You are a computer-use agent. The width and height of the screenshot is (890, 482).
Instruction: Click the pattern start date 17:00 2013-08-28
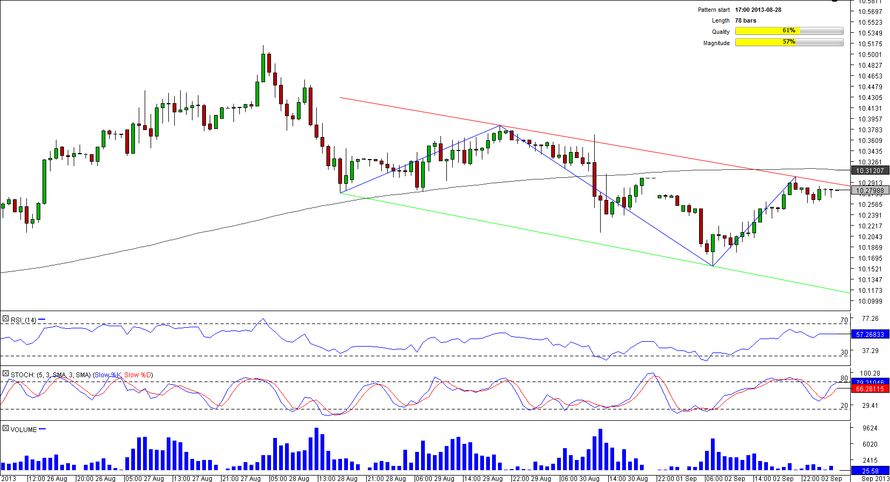tap(758, 10)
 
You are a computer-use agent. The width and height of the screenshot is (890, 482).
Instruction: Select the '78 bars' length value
tap(745, 20)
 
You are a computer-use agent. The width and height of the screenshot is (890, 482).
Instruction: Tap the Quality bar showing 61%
tap(789, 31)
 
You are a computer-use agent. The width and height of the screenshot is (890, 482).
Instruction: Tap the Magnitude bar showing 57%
tap(789, 42)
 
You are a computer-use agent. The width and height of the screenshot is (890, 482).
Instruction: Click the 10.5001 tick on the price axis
tap(870, 54)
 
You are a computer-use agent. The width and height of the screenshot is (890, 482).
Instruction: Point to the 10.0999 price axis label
tap(870, 301)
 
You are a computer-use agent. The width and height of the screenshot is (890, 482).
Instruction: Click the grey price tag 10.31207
tap(870, 170)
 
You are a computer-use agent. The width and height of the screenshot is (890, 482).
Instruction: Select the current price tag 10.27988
tap(870, 190)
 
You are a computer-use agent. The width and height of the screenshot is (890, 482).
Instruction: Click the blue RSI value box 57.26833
tap(870, 334)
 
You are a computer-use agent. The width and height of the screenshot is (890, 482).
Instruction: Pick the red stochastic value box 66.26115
tap(870, 389)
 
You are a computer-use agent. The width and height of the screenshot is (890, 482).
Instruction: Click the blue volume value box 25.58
tap(870, 471)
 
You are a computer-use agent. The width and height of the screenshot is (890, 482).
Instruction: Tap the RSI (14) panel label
tap(24, 320)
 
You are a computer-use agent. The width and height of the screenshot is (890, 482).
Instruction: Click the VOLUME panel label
tap(24, 430)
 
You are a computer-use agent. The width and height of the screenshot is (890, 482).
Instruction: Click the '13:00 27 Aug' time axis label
tap(193, 478)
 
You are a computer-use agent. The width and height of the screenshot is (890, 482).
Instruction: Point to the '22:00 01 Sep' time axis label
tap(677, 478)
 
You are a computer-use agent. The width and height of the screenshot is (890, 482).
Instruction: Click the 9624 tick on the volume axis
tap(870, 428)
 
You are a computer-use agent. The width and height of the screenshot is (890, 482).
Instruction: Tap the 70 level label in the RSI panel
tap(844, 320)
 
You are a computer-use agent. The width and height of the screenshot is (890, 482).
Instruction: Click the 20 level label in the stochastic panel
tap(844, 406)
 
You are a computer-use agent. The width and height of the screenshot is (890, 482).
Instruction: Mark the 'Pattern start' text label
tap(714, 10)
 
